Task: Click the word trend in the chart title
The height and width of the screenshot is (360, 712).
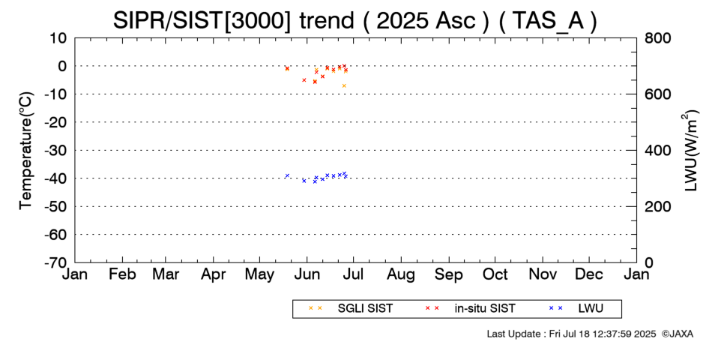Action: (325, 20)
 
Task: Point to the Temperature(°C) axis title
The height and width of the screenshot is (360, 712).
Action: (27, 151)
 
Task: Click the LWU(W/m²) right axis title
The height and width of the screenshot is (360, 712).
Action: (690, 151)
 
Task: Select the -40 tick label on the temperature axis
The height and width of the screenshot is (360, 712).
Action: (56, 178)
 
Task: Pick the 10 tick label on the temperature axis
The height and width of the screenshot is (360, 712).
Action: (58, 38)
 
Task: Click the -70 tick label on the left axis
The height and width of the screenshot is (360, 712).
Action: (56, 262)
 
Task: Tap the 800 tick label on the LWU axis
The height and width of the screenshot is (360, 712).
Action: (657, 38)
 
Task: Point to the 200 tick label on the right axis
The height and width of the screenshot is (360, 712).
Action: (657, 206)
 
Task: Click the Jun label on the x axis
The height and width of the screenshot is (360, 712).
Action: (307, 274)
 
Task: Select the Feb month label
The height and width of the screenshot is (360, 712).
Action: (123, 274)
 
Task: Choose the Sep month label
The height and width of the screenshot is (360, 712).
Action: (449, 274)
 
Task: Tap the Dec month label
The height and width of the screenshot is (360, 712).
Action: (589, 274)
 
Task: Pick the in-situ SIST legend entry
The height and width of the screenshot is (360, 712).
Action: (470, 309)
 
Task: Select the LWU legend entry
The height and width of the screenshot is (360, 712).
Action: (576, 309)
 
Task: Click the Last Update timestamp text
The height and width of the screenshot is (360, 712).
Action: (571, 334)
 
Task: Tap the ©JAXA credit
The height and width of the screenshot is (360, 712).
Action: (677, 334)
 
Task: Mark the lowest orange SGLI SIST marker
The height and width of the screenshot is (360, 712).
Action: (344, 86)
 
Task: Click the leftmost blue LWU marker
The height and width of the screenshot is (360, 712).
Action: (287, 175)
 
